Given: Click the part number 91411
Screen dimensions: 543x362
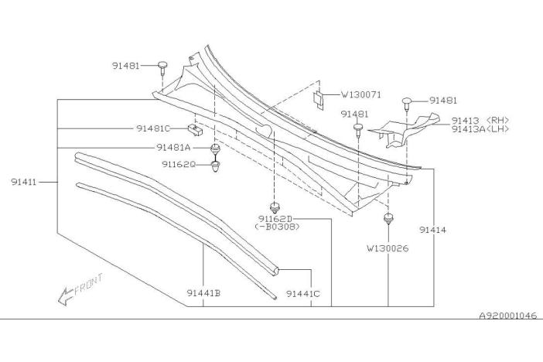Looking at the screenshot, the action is click(x=23, y=182).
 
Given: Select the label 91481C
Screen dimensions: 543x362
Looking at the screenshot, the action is click(x=153, y=128).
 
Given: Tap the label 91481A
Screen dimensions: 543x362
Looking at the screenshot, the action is click(x=173, y=148).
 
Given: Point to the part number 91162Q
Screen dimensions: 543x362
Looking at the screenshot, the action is click(x=179, y=164).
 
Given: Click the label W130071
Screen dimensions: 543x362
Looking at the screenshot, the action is click(x=361, y=94).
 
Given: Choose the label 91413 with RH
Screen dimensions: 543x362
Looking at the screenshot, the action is click(x=480, y=121).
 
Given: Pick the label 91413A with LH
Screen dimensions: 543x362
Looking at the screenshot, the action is click(x=480, y=129).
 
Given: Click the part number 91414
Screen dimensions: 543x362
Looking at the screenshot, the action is click(x=432, y=230).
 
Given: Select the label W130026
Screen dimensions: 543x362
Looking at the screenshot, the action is click(x=388, y=248).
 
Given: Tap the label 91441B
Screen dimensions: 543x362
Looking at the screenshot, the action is click(x=203, y=293).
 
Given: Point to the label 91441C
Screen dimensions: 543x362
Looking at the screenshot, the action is click(x=303, y=294).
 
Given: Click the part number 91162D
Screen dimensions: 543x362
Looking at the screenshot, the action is click(x=275, y=219).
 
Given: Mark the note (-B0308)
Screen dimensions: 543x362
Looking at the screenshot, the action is click(x=277, y=227).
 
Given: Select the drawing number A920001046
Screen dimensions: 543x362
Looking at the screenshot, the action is click(x=508, y=316).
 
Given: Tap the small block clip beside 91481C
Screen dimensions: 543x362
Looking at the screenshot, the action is click(x=195, y=129).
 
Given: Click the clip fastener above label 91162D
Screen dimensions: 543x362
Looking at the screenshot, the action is click(x=275, y=208).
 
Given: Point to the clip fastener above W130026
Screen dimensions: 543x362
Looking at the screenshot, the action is click(x=388, y=219).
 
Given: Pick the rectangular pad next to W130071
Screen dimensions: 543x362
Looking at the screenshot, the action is click(x=319, y=100).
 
